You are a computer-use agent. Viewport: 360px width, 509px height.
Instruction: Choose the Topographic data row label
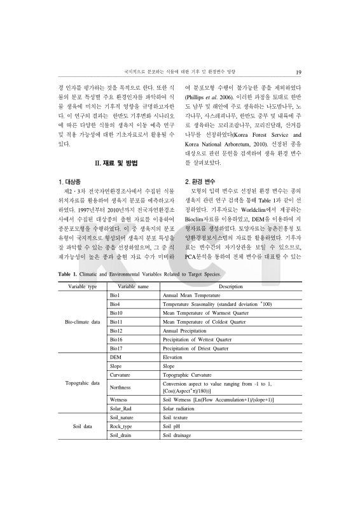click(83, 384)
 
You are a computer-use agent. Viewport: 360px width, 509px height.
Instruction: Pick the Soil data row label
click(83, 426)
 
